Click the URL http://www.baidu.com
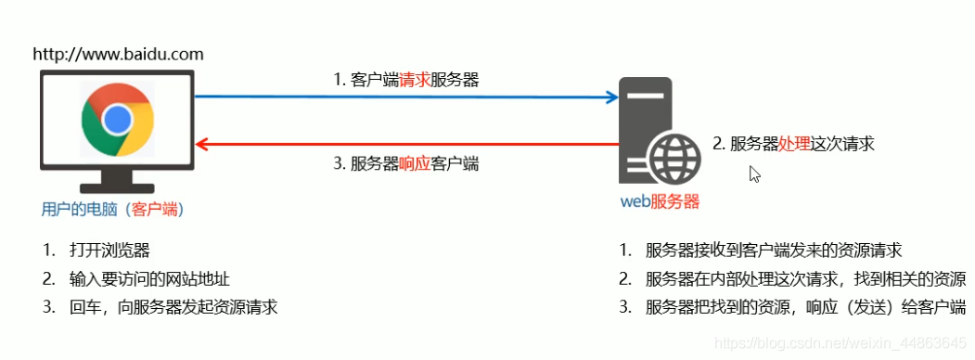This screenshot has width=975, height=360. (x=118, y=54)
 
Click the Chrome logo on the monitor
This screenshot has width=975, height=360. (x=117, y=119)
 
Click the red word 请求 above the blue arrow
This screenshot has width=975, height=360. (x=415, y=80)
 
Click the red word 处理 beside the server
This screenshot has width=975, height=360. (x=794, y=144)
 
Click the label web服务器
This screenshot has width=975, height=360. (x=660, y=200)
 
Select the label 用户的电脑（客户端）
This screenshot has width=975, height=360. (x=113, y=209)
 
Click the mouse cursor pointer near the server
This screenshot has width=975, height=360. (x=754, y=174)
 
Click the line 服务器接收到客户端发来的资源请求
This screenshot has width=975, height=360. (x=774, y=251)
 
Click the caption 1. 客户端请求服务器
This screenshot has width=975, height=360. (x=406, y=80)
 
